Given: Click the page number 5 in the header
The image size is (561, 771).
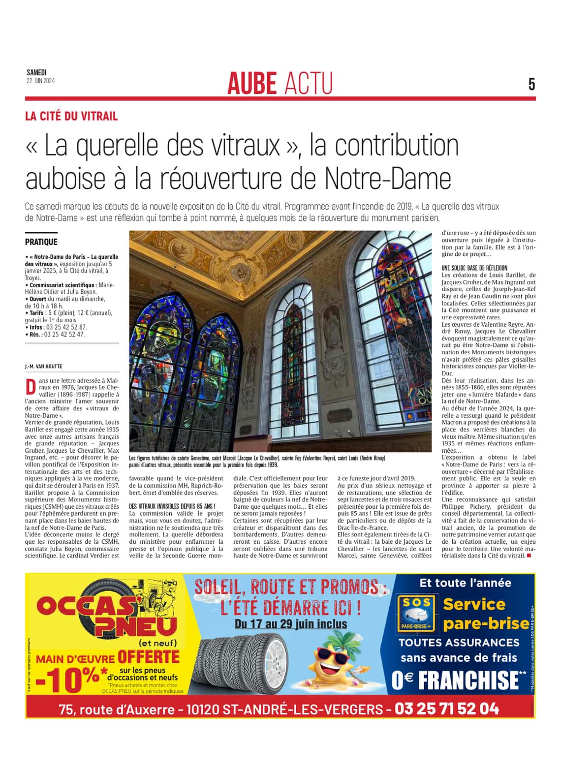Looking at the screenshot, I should tap(531, 85).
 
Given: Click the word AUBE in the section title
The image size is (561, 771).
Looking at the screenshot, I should tap(252, 83).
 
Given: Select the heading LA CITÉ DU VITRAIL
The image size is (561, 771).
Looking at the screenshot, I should tap(71, 117).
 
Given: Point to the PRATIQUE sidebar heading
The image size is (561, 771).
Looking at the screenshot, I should tap(41, 242).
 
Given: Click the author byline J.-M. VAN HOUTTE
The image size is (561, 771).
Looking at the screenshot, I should tap(43, 367).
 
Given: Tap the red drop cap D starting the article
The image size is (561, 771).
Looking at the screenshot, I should tap(31, 387).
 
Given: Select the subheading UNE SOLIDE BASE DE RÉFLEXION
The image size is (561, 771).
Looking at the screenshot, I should tap(474, 268).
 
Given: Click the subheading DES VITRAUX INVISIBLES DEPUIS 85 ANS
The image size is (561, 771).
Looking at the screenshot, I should tap(172, 506).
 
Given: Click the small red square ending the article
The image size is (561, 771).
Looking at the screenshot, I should tap(529, 555).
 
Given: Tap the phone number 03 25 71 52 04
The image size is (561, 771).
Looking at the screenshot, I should tap(447, 709).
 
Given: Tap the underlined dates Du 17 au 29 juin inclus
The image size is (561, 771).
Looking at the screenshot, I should tap(291, 624).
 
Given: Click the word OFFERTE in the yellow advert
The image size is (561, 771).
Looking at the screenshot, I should tap(148, 657).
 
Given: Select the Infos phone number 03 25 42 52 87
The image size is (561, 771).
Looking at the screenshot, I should tap(65, 327).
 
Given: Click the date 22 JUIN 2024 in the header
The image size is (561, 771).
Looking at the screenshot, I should tap(40, 81).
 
